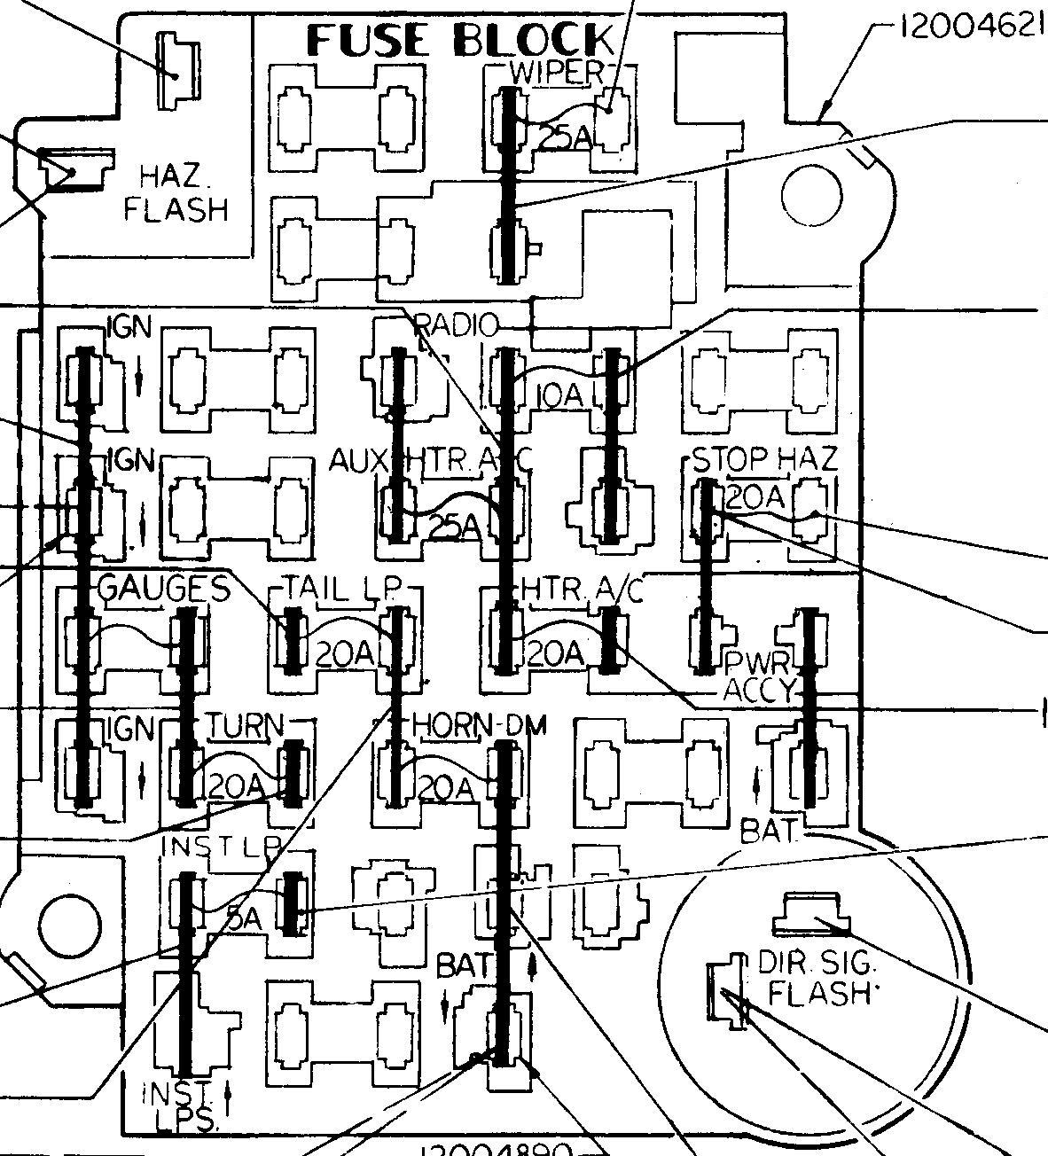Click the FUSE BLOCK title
459,42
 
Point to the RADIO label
458,325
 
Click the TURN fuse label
246,727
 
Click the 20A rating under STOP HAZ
755,498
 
